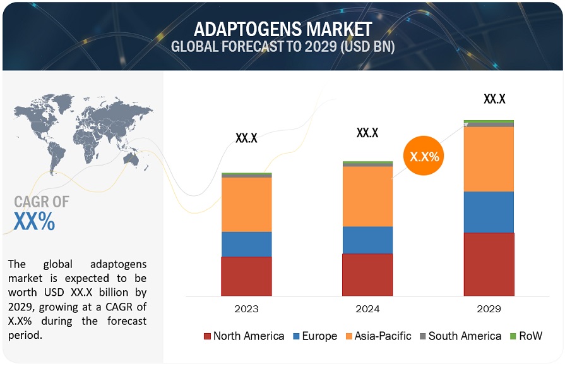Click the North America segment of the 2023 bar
click(x=246, y=276)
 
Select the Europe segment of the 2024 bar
click(x=367, y=240)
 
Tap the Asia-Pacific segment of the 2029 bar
click(x=489, y=159)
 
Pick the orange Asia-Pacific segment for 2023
click(x=246, y=204)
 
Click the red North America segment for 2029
click(x=489, y=264)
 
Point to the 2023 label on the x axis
click(x=246, y=309)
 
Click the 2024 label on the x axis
click(x=367, y=309)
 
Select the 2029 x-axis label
click(x=489, y=309)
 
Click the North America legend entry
click(x=244, y=336)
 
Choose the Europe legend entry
click(x=314, y=336)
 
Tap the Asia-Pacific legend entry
click(x=378, y=336)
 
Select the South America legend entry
click(x=460, y=336)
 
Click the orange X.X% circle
click(x=425, y=156)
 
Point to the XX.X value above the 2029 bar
click(x=494, y=99)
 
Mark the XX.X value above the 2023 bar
click(x=246, y=138)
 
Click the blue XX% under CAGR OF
click(x=34, y=222)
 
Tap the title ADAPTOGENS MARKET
click(x=283, y=29)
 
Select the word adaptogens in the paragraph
click(x=117, y=264)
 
